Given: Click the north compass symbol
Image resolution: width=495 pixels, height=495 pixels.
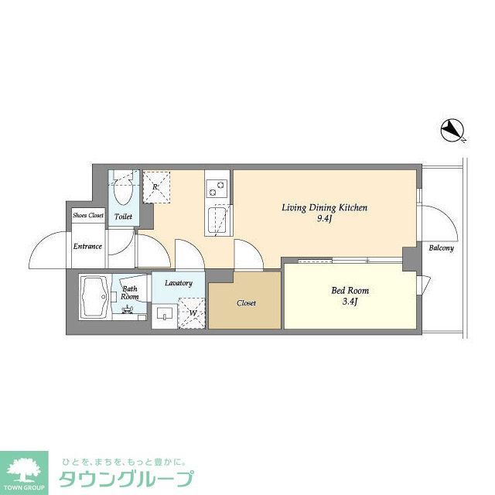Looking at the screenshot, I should (451, 131).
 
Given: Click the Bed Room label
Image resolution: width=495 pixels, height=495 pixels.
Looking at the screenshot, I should (350, 291).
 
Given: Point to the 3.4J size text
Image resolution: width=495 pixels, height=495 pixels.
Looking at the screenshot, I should (350, 302).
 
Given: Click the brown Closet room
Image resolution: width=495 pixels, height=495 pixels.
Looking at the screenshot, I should (245, 302).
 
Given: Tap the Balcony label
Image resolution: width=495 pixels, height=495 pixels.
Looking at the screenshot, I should (442, 248).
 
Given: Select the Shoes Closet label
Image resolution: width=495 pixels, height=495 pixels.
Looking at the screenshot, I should (87, 215).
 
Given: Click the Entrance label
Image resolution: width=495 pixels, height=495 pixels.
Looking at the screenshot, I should (87, 247).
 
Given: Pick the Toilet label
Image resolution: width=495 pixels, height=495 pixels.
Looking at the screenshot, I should (123, 217).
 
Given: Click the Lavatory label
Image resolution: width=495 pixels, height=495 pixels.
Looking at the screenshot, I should (179, 283).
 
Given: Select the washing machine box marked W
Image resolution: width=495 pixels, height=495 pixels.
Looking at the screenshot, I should (193, 312).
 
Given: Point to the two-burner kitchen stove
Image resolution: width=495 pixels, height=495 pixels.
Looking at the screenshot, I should (217, 186).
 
